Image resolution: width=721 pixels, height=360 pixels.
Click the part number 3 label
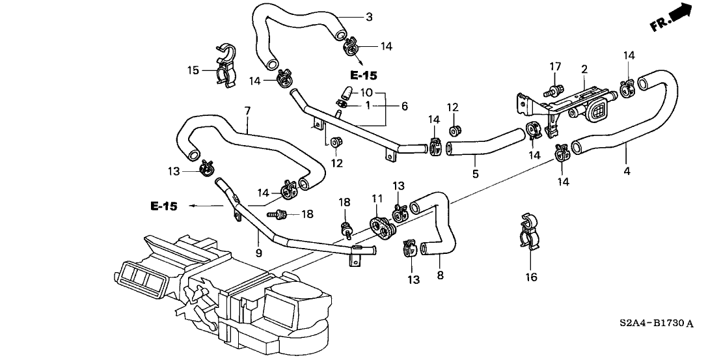click(369, 18)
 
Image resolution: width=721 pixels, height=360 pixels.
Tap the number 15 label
click(193, 70)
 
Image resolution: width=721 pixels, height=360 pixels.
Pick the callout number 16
click(531, 278)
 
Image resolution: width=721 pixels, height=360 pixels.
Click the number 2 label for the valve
click(584, 69)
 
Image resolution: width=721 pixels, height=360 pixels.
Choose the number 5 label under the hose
click(475, 174)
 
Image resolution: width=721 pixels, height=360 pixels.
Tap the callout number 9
click(258, 252)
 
